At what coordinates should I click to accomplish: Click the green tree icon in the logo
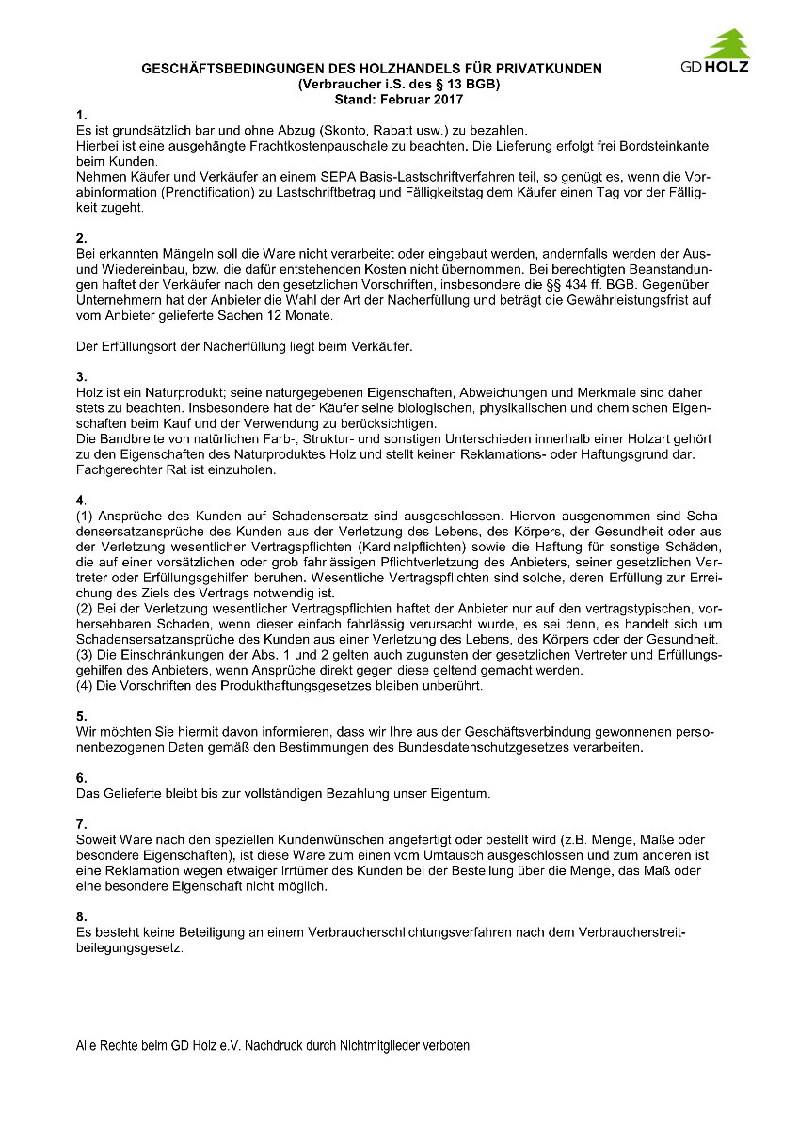tap(727, 44)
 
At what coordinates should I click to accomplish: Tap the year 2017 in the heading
tap(447, 98)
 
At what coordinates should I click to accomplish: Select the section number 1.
tap(82, 115)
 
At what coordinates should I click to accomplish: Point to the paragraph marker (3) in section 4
tap(84, 654)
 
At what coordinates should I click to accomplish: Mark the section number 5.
tap(82, 716)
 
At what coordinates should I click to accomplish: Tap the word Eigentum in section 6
tap(461, 793)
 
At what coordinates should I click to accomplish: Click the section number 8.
tap(82, 916)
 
